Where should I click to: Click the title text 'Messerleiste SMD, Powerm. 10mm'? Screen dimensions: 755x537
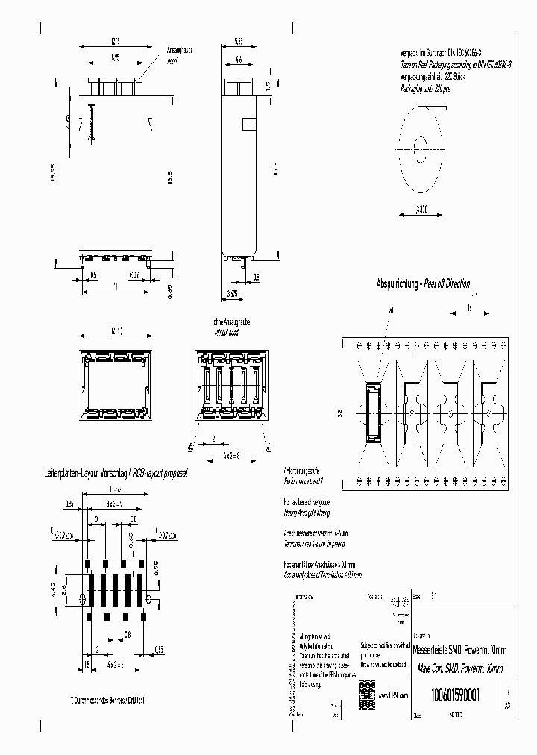(x=459, y=650)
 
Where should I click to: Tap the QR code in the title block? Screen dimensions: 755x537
(x=366, y=689)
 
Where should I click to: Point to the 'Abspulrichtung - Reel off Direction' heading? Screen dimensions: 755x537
(x=423, y=284)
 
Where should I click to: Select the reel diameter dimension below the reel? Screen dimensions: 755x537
(x=421, y=210)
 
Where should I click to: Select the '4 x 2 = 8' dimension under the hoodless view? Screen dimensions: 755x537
(x=233, y=454)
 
